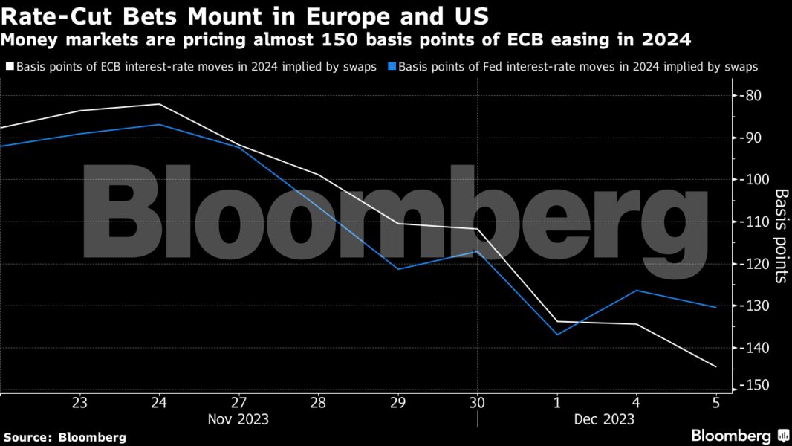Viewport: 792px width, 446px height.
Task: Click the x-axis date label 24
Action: [x=159, y=402]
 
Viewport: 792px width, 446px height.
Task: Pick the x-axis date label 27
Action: [x=238, y=402]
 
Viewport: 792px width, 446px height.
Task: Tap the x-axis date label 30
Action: [x=477, y=402]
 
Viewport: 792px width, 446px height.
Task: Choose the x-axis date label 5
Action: [x=715, y=402]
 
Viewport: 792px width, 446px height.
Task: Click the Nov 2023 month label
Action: [x=238, y=419]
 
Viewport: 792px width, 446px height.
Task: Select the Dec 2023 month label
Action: [x=604, y=419]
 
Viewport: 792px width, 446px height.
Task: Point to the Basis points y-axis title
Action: [x=781, y=236]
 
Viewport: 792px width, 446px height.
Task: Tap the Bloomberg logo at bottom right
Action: [x=739, y=436]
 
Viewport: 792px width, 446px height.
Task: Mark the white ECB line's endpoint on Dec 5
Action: [x=715, y=366]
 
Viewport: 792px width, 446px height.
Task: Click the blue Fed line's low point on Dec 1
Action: [x=556, y=334]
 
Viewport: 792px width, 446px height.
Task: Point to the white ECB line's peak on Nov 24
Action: [x=159, y=104]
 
